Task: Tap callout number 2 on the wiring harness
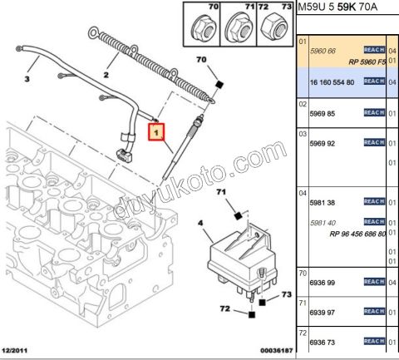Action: (x=106, y=74)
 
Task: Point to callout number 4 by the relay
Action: (x=199, y=222)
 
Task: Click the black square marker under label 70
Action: (x=219, y=84)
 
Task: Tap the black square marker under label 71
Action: (x=239, y=216)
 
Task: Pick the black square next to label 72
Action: (x=250, y=314)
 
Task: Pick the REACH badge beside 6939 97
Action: (x=373, y=312)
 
